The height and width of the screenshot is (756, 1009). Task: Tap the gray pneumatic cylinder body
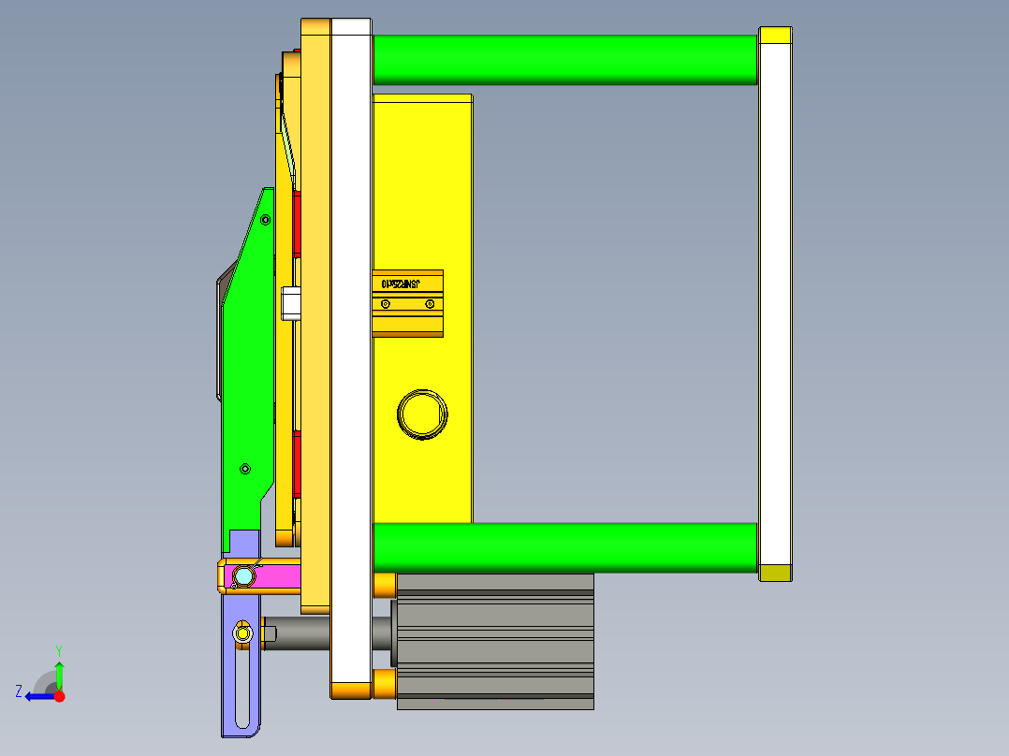pyautogui.click(x=495, y=641)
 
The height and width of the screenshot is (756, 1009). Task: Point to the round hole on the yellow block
pyautogui.click(x=422, y=413)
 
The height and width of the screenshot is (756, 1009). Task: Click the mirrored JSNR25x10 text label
pyautogui.click(x=400, y=283)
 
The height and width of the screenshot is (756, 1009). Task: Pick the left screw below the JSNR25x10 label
pyautogui.click(x=386, y=303)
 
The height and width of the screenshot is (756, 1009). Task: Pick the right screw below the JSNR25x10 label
pyautogui.click(x=429, y=303)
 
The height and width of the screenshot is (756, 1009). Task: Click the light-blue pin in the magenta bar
pyautogui.click(x=243, y=576)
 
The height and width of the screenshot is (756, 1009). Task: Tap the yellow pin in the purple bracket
pyautogui.click(x=243, y=633)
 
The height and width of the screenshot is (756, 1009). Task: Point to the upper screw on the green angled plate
pyautogui.click(x=265, y=220)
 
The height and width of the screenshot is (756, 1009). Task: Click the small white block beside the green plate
pyautogui.click(x=290, y=303)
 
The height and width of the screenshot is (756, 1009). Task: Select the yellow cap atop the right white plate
pyautogui.click(x=775, y=36)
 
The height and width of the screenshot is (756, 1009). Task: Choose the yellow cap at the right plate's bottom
pyautogui.click(x=775, y=573)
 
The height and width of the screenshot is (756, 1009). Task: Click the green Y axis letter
pyautogui.click(x=58, y=649)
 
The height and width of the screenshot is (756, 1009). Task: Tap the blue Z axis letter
pyautogui.click(x=19, y=691)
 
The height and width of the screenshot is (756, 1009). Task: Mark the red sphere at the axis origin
pyautogui.click(x=59, y=696)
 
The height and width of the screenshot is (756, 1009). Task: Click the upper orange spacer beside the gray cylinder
pyautogui.click(x=384, y=585)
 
